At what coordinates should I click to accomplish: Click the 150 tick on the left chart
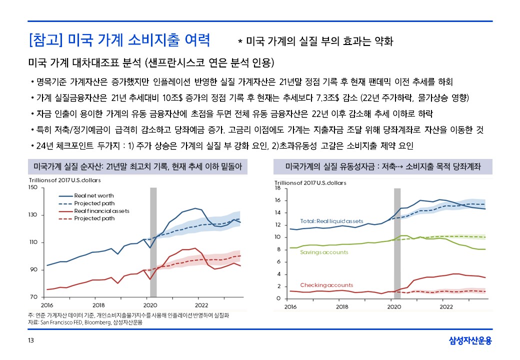33,187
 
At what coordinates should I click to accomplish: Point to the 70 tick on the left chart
34,297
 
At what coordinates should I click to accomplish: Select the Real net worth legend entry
93,195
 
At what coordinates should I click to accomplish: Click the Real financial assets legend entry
101,211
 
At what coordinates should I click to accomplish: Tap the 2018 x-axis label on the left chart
98,305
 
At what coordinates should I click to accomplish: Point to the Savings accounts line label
324,252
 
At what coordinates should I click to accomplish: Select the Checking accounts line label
326,285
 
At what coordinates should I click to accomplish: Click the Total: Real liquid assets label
331,221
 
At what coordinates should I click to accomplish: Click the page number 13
30,341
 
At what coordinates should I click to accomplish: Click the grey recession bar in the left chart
153,242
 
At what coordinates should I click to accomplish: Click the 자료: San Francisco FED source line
85,322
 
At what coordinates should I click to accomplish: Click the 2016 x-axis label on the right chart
290,306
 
